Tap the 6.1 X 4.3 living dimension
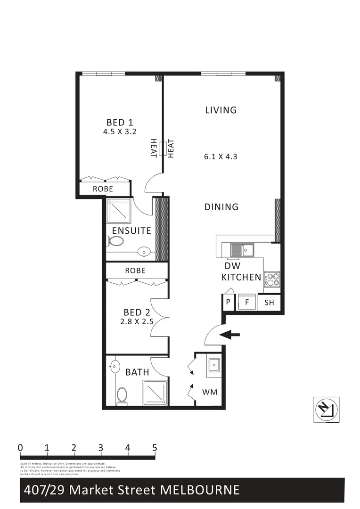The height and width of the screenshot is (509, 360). (x=221, y=156)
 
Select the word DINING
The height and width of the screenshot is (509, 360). (x=221, y=206)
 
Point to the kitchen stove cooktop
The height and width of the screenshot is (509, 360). (x=272, y=279)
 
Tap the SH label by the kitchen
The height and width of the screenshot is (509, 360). (x=269, y=303)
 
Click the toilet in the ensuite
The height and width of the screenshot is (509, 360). (x=115, y=241)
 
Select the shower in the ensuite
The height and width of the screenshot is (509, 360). (x=119, y=211)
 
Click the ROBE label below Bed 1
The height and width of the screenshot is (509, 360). (x=103, y=189)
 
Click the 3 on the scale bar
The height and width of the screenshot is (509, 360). (x=101, y=448)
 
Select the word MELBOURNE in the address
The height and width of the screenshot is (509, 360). (x=200, y=490)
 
